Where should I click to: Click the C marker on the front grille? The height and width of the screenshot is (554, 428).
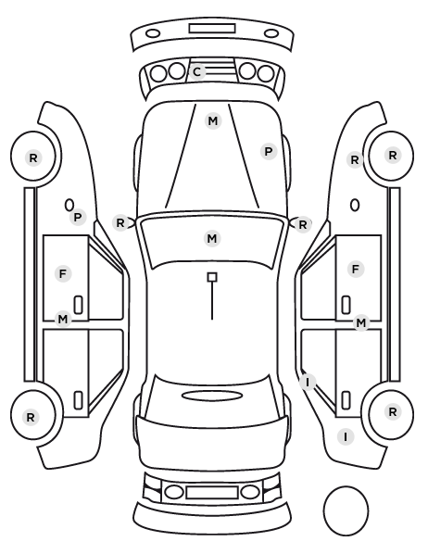197,72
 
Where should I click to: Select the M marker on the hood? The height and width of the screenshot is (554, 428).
213,121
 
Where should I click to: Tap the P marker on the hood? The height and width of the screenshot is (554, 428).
269,152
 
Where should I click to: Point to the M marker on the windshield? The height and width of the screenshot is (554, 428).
212,238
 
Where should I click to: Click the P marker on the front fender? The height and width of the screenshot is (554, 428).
78,218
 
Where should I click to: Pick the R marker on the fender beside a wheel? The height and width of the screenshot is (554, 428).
355,160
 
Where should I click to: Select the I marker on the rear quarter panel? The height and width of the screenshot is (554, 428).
346,437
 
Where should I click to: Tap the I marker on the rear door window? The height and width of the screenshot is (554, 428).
308,382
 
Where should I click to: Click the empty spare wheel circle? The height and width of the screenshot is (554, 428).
346,510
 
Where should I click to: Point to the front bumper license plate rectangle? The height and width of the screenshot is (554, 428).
212,29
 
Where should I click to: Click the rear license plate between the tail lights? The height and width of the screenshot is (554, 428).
212,493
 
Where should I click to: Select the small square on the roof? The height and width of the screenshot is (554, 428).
212,277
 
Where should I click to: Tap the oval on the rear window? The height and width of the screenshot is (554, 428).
212,396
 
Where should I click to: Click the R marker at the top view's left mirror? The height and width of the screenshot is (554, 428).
120,223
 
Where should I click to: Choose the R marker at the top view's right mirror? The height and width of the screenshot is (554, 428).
303,224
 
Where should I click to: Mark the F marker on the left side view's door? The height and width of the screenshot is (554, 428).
63,274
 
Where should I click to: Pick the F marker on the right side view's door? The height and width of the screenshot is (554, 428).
356,270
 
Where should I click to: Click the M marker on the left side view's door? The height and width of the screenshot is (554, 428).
63,320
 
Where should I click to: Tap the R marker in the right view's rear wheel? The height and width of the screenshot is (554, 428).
393,411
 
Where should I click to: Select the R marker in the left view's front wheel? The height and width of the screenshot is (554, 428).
33,157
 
